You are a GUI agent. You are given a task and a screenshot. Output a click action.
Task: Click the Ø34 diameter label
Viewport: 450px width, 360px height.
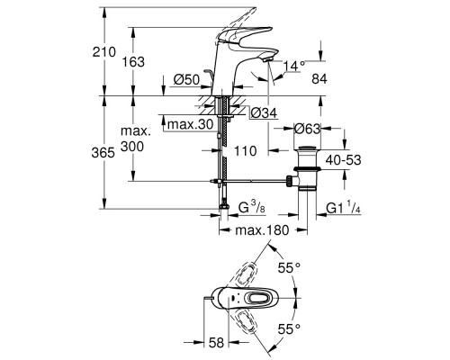point(260,112)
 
